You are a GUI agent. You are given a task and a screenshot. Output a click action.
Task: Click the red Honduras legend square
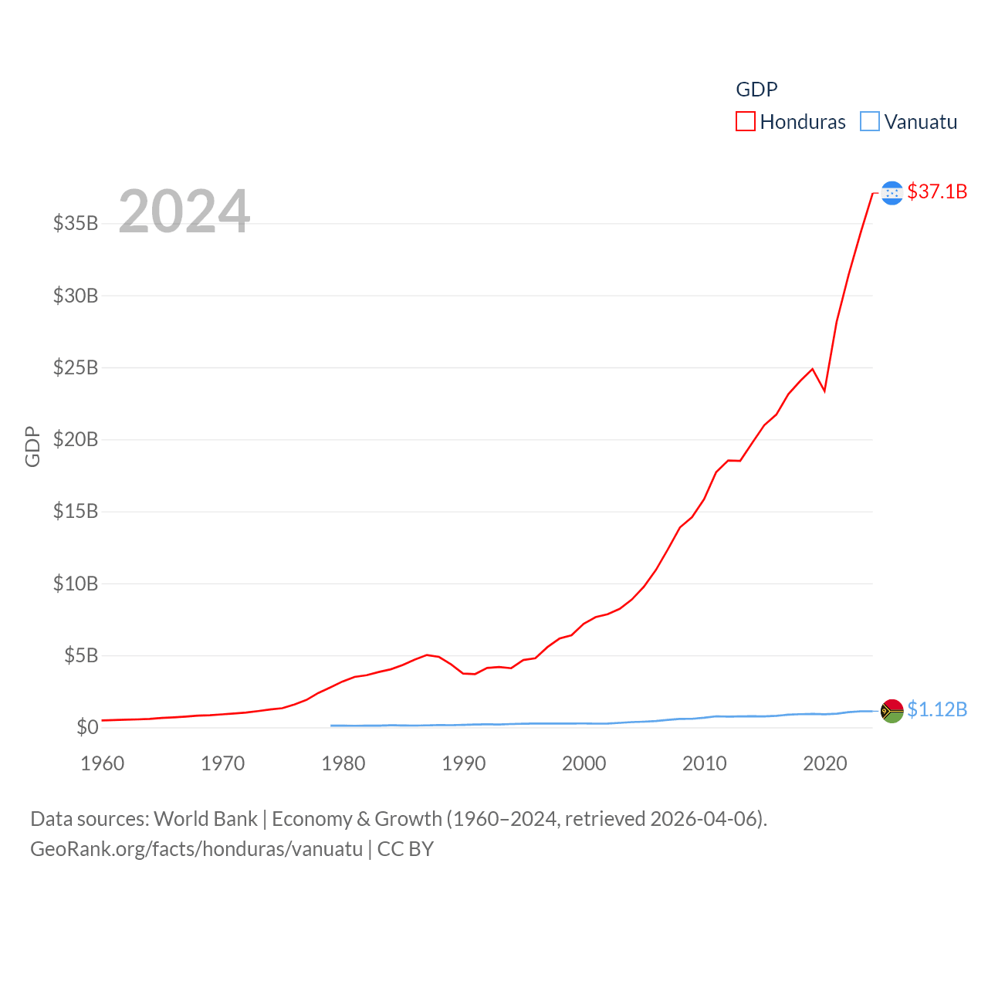(x=745, y=122)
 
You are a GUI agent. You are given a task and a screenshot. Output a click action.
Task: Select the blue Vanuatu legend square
(x=870, y=122)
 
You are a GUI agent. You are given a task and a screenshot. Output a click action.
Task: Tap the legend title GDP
(x=756, y=90)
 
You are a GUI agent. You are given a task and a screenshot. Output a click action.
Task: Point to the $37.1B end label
(x=937, y=191)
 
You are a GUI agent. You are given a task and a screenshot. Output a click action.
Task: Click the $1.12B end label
(x=937, y=709)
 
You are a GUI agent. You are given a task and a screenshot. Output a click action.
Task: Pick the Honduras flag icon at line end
(x=892, y=193)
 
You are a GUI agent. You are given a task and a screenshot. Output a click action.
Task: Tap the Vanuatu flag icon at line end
(x=892, y=711)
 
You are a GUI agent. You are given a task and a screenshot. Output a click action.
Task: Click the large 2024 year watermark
(x=184, y=211)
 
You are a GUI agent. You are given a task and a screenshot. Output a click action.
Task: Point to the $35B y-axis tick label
(x=76, y=223)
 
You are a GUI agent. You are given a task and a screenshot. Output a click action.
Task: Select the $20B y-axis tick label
(x=76, y=439)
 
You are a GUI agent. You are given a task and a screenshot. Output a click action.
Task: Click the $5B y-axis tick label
(x=81, y=655)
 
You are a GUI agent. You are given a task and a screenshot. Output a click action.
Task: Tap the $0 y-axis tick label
(x=87, y=727)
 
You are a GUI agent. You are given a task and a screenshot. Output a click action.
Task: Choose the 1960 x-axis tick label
(x=103, y=763)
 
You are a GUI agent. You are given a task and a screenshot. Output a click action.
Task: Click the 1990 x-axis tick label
(x=464, y=763)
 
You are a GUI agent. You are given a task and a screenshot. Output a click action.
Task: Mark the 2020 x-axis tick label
(x=825, y=763)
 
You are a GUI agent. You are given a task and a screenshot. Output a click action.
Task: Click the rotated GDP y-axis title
(x=32, y=446)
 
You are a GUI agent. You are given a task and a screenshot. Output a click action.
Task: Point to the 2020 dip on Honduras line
(x=824, y=391)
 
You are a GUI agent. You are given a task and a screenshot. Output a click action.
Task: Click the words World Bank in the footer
(x=205, y=818)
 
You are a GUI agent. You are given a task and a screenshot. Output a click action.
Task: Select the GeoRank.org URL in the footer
(x=196, y=849)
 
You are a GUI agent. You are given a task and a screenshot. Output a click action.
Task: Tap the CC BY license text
(x=405, y=849)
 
